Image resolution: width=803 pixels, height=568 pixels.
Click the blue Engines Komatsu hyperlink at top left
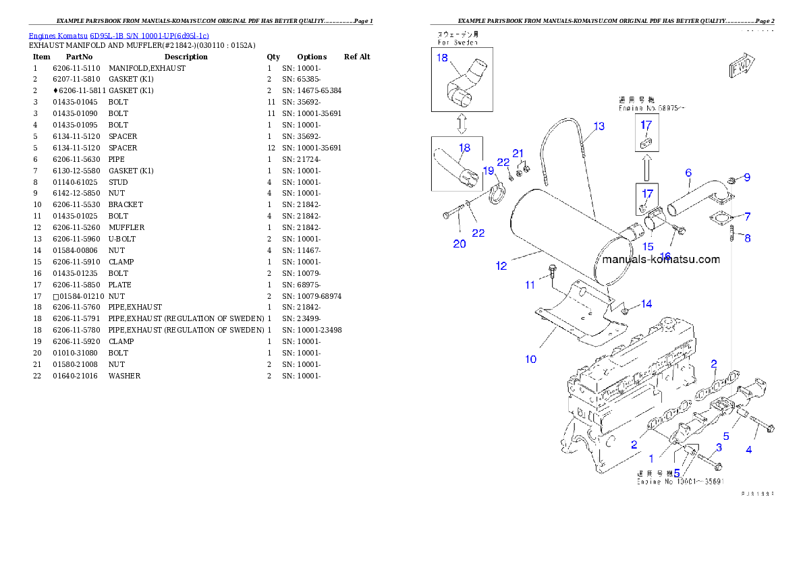(x=119, y=35)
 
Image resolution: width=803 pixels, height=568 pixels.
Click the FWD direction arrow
(x=740, y=67)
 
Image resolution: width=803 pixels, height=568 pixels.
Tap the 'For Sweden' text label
(x=457, y=42)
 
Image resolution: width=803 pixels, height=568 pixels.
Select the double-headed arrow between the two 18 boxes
(x=461, y=123)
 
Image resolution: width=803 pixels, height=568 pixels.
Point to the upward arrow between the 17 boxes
(x=646, y=166)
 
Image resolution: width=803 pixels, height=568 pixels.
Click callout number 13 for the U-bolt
(x=599, y=126)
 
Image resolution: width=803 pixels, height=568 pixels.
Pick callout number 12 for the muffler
(x=501, y=266)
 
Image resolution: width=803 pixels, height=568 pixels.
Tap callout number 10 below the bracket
(x=531, y=359)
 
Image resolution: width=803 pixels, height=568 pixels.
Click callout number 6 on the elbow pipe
(x=688, y=173)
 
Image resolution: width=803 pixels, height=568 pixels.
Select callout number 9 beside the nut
(x=747, y=178)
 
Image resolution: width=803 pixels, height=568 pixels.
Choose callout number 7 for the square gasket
(x=747, y=217)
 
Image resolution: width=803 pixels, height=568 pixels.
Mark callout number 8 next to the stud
(x=747, y=238)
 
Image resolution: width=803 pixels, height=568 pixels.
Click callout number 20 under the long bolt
(x=460, y=244)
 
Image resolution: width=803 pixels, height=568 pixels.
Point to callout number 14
(x=646, y=304)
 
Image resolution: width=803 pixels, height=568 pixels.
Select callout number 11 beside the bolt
(x=530, y=285)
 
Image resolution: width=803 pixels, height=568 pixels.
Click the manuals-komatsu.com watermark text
(x=661, y=259)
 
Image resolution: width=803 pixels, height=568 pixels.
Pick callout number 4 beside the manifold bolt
(x=748, y=450)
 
